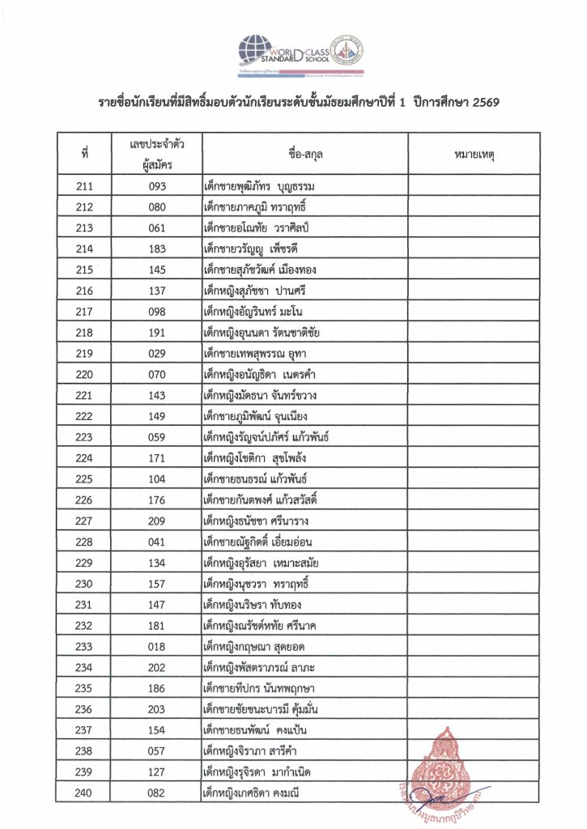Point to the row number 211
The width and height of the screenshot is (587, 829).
coord(84,187)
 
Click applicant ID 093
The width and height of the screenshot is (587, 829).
coord(157,187)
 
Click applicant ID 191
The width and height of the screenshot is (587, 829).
coord(157,332)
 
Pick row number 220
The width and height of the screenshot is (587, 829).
coord(84,374)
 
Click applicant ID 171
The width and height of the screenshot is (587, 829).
coord(157,458)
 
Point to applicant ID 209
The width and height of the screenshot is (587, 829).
coord(157,521)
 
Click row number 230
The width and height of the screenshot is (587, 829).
coord(84,584)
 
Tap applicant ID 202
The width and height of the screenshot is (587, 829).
coord(157,668)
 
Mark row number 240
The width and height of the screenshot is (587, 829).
coord(84,793)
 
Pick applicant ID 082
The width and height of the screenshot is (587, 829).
coord(157,793)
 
